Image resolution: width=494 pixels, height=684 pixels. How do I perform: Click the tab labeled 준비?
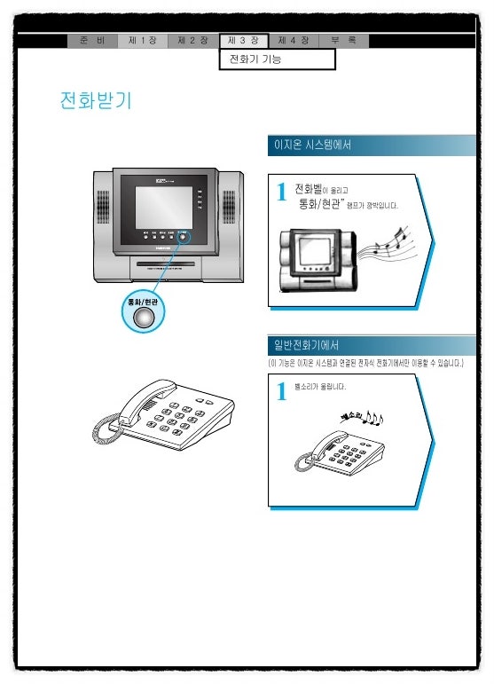pyautogui.click(x=92, y=41)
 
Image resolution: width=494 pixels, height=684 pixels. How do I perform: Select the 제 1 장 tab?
pyautogui.click(x=143, y=41)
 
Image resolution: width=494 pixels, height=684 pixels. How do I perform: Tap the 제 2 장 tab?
pyautogui.click(x=193, y=41)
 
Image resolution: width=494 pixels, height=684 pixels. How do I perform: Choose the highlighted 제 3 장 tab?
pyautogui.click(x=243, y=41)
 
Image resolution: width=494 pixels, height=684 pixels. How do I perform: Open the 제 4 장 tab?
pyautogui.click(x=294, y=41)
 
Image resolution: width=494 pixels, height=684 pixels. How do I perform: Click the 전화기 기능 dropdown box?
pyautogui.click(x=277, y=59)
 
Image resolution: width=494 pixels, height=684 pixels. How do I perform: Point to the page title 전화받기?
pyautogui.click(x=96, y=100)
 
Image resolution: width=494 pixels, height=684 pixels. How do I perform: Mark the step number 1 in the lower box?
pyautogui.click(x=281, y=391)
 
